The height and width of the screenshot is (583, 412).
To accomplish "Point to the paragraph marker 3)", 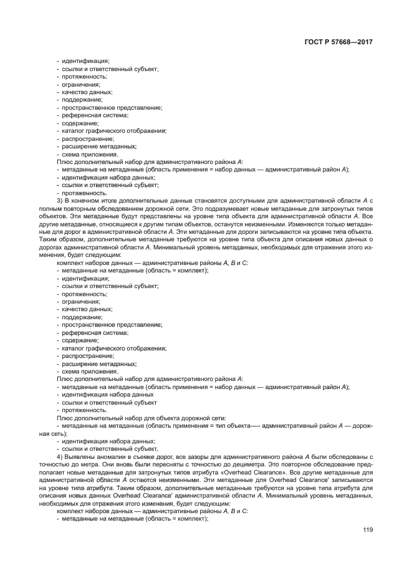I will tap(60, 201).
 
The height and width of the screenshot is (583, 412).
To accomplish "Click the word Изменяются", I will tap(314, 224).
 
